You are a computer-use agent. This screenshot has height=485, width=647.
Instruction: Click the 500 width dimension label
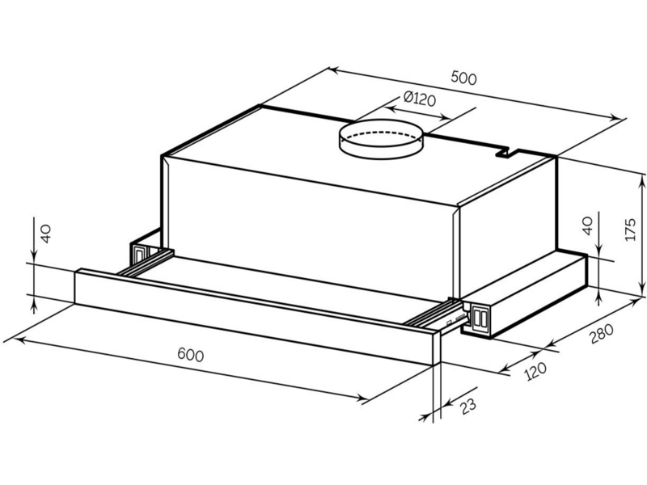pos(463,78)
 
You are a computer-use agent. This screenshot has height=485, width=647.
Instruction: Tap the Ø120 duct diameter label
pos(420,99)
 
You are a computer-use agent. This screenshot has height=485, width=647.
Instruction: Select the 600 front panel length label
pos(191,355)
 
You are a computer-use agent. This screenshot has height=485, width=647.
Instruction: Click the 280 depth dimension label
pos(602,334)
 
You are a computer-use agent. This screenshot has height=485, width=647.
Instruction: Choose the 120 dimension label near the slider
pos(535,371)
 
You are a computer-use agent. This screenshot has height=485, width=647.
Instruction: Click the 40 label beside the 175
pos(587,226)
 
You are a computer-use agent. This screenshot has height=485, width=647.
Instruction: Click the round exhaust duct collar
pos(381,140)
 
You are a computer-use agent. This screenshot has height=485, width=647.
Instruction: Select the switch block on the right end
pos(478,318)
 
